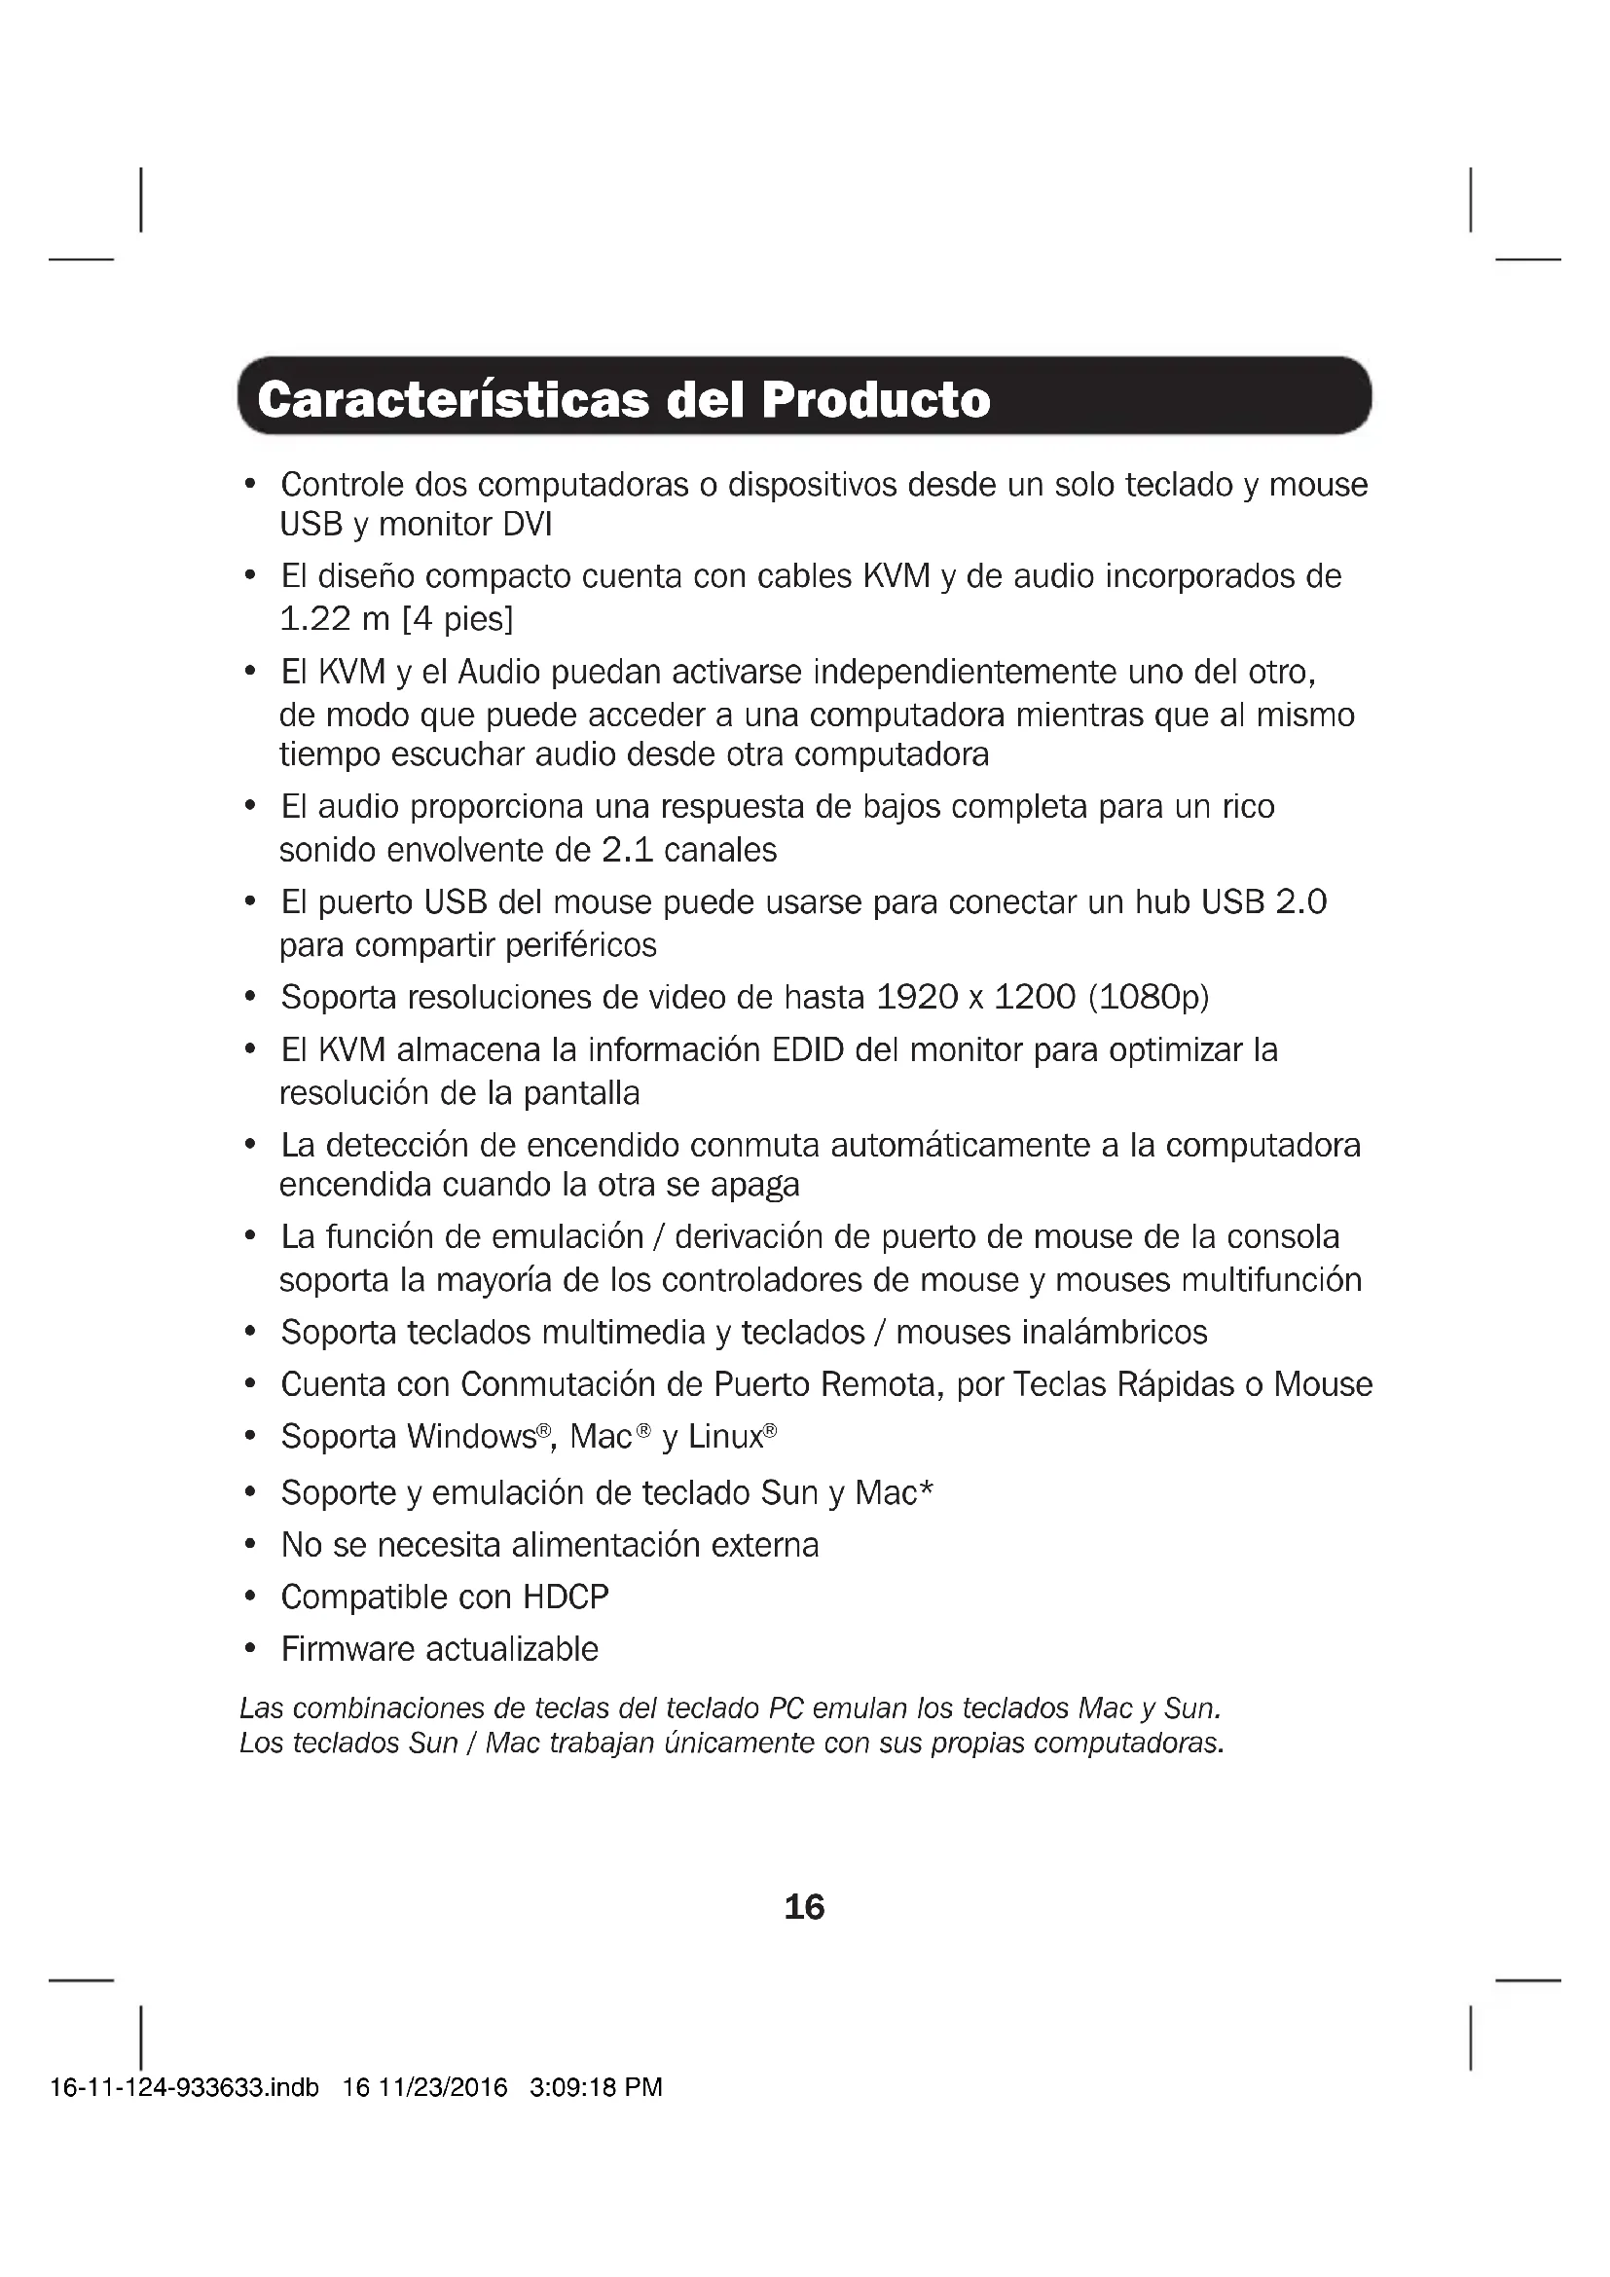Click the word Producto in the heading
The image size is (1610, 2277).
[x=875, y=400]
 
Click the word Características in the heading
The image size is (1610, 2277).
[x=453, y=400]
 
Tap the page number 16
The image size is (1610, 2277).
[x=804, y=1906]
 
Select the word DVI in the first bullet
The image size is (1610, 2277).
[x=527, y=525]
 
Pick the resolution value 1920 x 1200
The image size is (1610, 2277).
[x=975, y=997]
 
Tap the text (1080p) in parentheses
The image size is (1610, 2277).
[x=1149, y=997]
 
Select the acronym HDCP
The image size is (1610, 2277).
[x=566, y=1597]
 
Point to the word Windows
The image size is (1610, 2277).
[x=471, y=1436]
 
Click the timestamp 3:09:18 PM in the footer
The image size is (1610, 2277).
[x=596, y=2087]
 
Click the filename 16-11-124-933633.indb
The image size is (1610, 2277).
[x=184, y=2087]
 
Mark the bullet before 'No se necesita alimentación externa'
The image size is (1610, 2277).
[x=251, y=1545]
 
